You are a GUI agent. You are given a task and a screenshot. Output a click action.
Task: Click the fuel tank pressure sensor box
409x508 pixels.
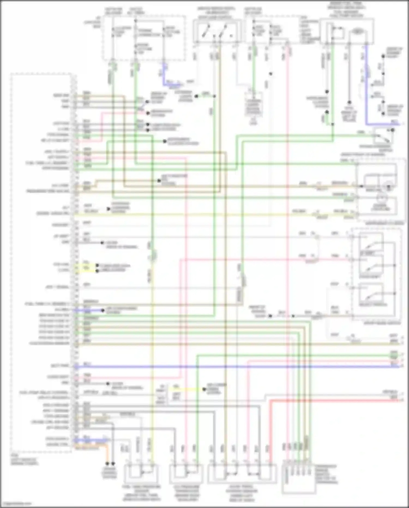[141, 475]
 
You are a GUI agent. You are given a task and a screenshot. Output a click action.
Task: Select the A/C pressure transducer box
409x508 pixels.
[186, 475]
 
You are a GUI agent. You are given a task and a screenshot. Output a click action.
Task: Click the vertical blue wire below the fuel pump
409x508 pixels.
[366, 82]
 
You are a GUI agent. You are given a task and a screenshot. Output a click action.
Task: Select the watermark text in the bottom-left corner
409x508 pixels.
[16, 504]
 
